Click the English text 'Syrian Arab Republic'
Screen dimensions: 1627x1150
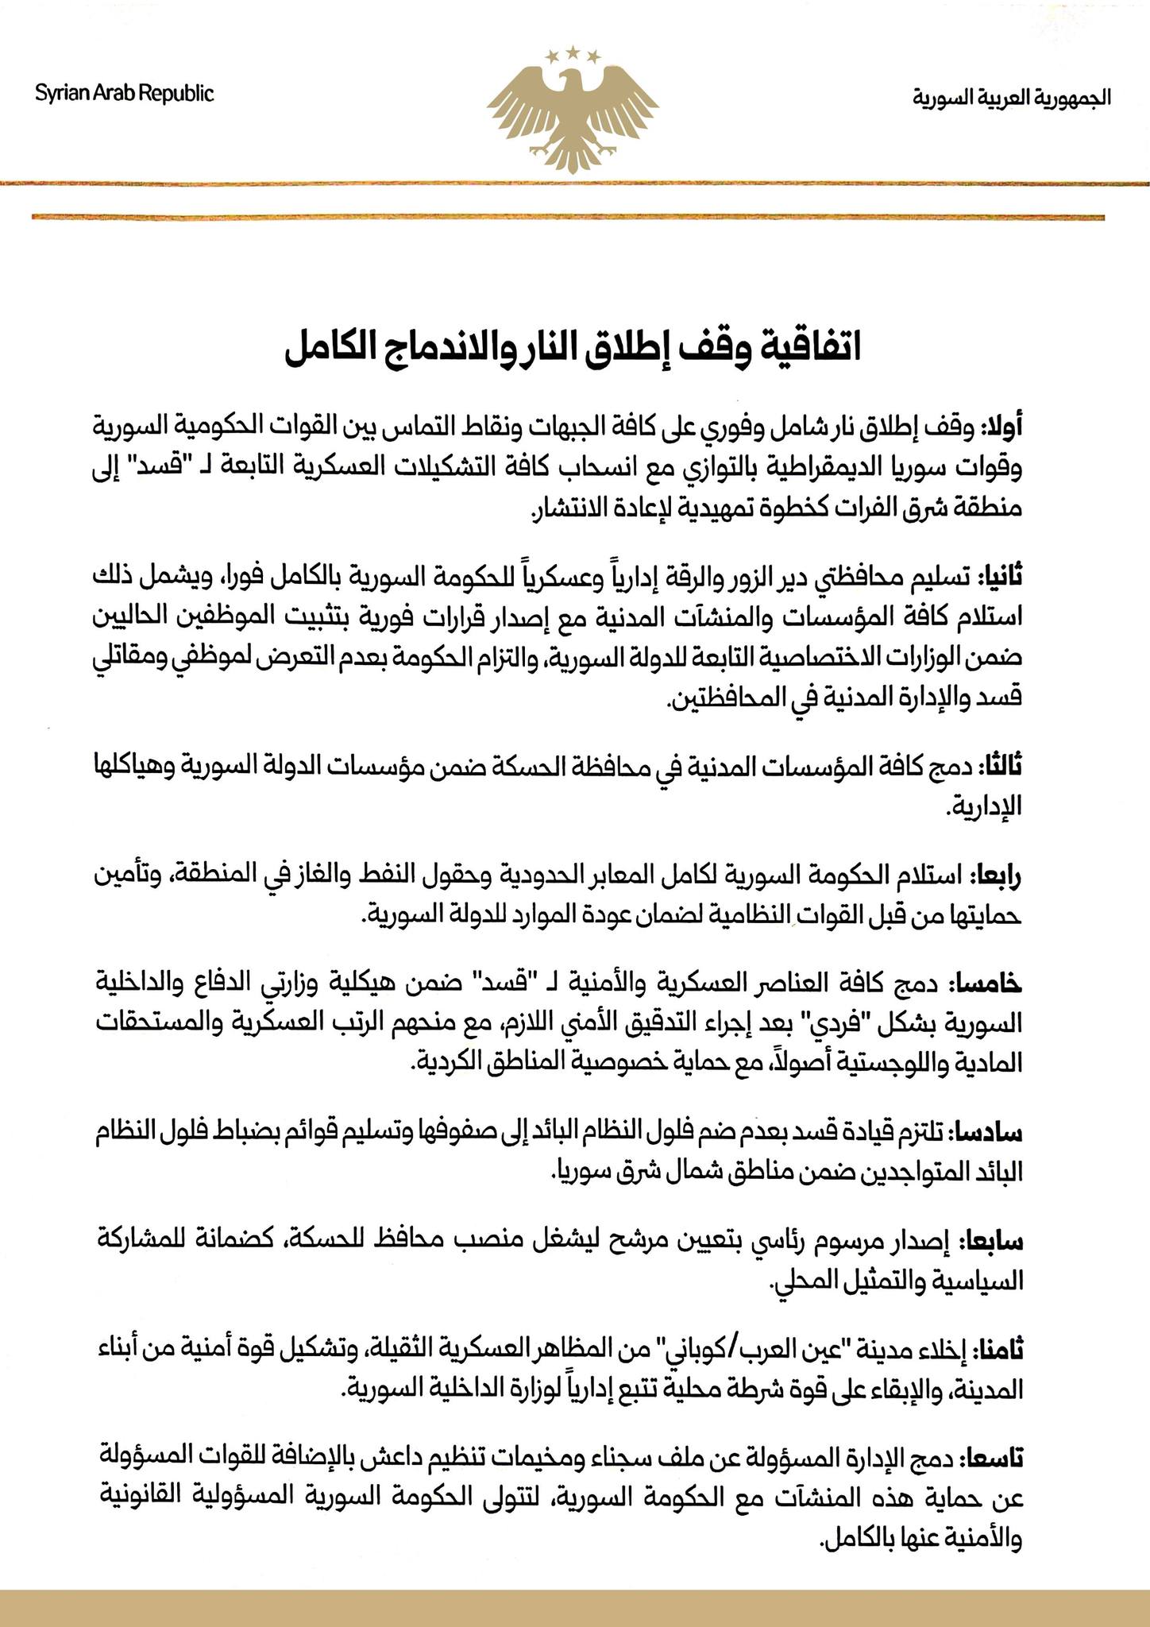tap(125, 94)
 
